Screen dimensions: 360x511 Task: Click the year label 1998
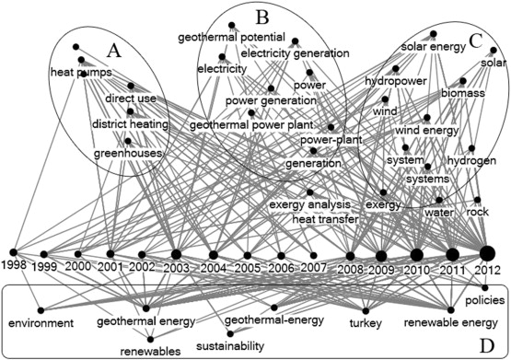click(14, 265)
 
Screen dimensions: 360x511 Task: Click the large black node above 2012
click(487, 253)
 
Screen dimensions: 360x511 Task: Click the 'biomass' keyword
click(436, 94)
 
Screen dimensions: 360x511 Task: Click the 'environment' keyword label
click(40, 324)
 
